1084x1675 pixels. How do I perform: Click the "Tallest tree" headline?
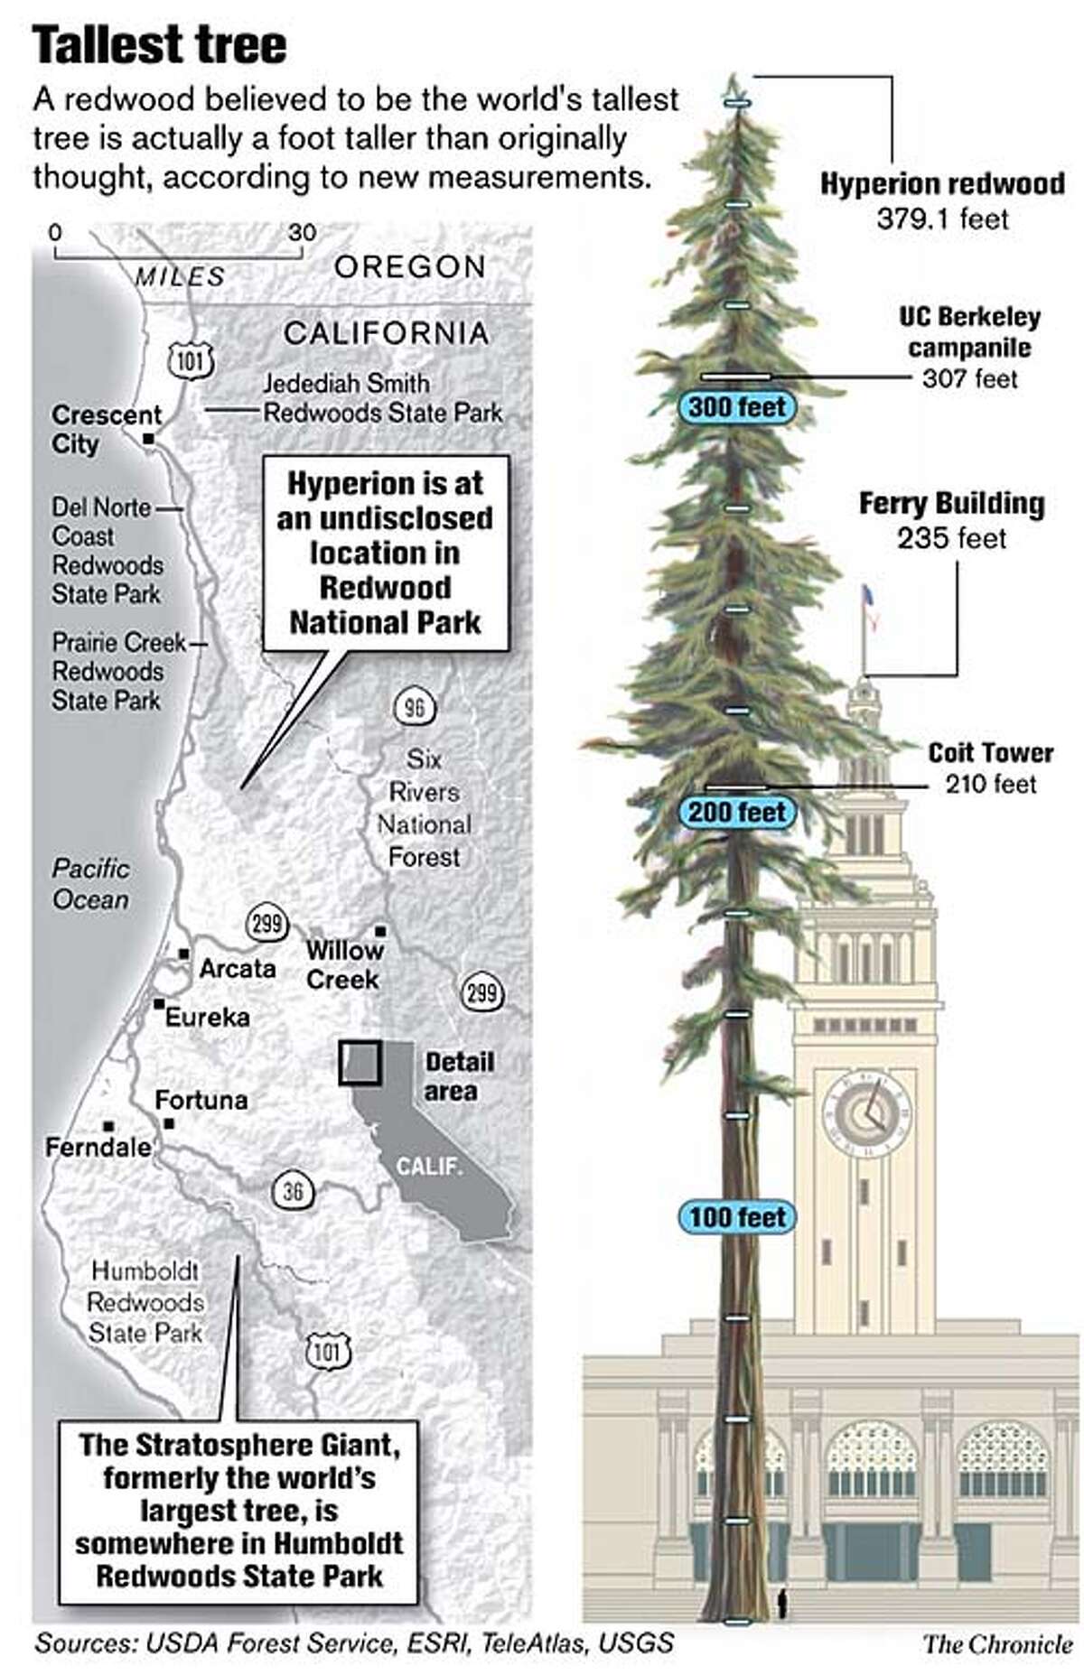159,45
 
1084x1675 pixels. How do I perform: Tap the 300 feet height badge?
737,407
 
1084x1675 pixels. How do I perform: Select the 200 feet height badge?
737,812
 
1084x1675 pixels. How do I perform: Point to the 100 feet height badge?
737,1217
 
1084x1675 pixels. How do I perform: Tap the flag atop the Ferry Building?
869,598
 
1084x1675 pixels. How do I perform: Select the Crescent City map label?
106,429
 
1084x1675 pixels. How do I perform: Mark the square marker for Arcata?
183,954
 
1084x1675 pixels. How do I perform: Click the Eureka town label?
207,1017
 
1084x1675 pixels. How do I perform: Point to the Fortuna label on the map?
201,1100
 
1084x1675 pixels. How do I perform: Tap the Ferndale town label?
98,1147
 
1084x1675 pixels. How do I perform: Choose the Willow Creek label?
344,964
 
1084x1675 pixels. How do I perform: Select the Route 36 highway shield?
293,1192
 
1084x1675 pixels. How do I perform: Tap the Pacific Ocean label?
90,884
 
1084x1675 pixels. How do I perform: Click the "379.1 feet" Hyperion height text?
941,219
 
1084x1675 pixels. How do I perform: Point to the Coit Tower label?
990,753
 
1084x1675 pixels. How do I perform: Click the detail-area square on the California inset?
360,1063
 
